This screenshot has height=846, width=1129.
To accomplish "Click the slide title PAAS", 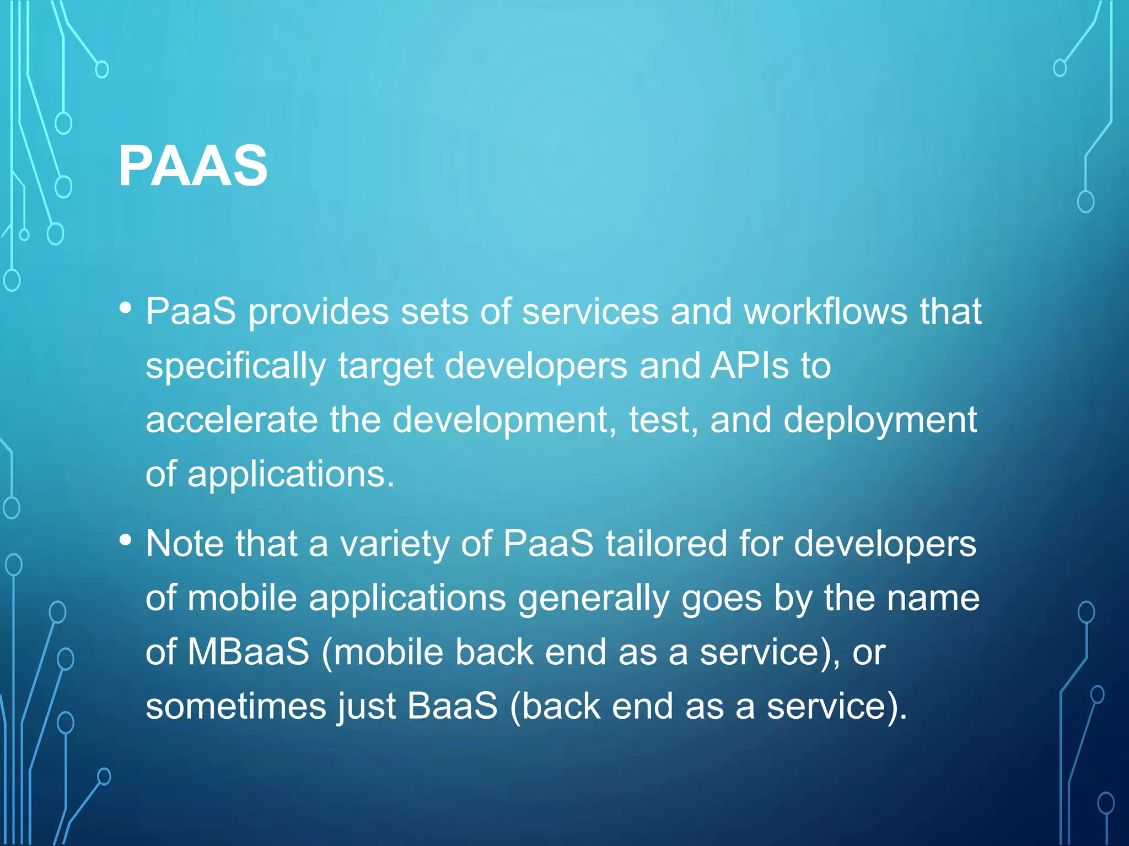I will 193,166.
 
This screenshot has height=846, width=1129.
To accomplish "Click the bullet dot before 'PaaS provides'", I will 126,308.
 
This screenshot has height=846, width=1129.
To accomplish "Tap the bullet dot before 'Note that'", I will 126,540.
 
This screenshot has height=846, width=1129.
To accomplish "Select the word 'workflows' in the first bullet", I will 825,312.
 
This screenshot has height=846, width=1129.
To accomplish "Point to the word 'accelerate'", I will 232,420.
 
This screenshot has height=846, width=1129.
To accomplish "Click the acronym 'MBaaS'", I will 248,652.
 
